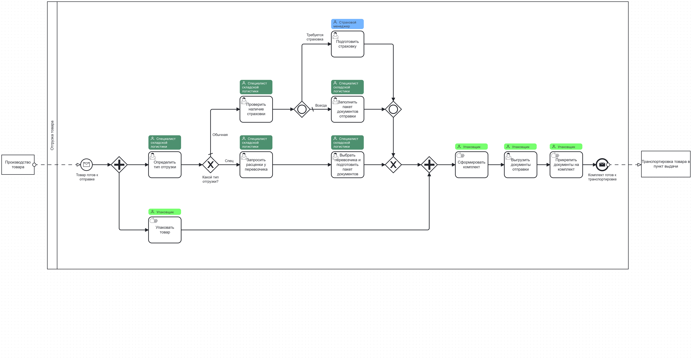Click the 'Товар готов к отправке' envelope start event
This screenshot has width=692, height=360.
(x=86, y=165)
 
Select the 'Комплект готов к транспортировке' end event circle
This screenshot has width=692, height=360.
(x=602, y=165)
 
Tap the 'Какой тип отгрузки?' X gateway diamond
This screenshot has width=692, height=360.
(x=210, y=165)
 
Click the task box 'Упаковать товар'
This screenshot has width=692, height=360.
(x=165, y=230)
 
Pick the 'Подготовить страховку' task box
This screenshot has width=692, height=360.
(x=347, y=44)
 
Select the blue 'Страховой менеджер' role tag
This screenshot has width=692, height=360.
(x=347, y=24)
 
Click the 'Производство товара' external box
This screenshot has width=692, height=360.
(x=18, y=165)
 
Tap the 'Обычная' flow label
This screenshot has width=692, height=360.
(x=220, y=135)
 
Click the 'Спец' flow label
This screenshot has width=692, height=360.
(x=229, y=161)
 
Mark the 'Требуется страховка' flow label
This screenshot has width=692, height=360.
(x=315, y=37)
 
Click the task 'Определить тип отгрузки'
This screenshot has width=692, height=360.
(x=165, y=165)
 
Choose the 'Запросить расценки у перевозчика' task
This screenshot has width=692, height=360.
(x=256, y=165)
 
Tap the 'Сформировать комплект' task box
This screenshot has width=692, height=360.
(x=471, y=165)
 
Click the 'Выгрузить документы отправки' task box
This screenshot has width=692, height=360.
(x=520, y=165)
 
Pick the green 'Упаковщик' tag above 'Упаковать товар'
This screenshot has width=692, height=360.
(x=165, y=212)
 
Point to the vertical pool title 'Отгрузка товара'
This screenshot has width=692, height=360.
(x=52, y=135)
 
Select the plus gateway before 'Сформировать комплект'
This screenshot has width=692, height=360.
(x=429, y=165)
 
